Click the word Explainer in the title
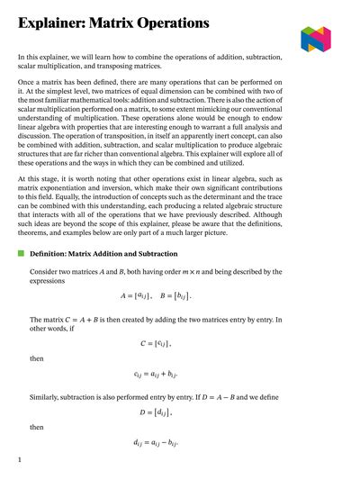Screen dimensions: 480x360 [53, 22]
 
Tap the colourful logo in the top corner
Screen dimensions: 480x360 [316, 38]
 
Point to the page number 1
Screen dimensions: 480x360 [19, 460]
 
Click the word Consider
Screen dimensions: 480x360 [48, 272]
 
